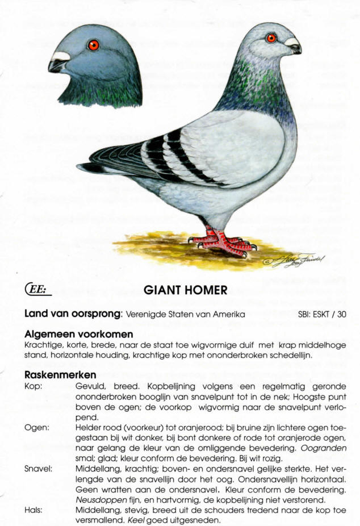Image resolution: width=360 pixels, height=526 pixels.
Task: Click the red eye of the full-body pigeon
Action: click(x=271, y=38)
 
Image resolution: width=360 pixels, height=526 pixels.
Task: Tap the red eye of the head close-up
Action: click(x=93, y=45)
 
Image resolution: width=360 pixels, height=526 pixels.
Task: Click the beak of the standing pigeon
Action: click(x=295, y=47)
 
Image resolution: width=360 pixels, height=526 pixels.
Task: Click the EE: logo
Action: click(x=39, y=290)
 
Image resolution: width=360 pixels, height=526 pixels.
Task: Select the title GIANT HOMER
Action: click(x=186, y=290)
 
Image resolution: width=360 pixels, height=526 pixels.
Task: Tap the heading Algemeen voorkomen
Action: click(x=79, y=334)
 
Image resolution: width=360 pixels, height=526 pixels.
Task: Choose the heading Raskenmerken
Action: click(x=60, y=375)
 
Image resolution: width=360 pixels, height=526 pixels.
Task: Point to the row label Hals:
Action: click(x=34, y=510)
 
